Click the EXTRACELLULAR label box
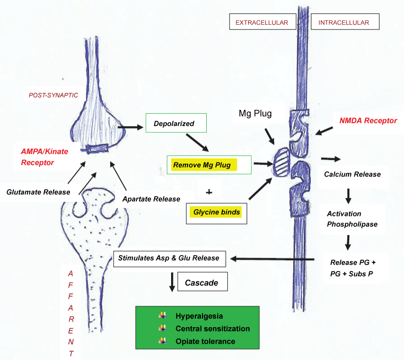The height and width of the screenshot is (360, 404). pyautogui.click(x=262, y=22)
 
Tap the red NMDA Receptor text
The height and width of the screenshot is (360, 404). pyautogui.click(x=368, y=121)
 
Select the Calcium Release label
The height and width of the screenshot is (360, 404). pyautogui.click(x=352, y=174)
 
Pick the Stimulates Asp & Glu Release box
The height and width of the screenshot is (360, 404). pyautogui.click(x=169, y=258)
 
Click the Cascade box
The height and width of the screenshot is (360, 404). pyautogui.click(x=202, y=282)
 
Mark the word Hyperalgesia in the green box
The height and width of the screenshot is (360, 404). pyautogui.click(x=199, y=316)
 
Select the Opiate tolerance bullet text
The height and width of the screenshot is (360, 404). pyautogui.click(x=205, y=341)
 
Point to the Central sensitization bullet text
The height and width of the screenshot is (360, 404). pyautogui.click(x=212, y=329)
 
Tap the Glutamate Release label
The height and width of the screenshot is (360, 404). pyautogui.click(x=38, y=192)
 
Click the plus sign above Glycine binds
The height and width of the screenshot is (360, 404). pyautogui.click(x=209, y=192)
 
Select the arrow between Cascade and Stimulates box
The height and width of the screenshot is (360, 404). pyautogui.click(x=172, y=281)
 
